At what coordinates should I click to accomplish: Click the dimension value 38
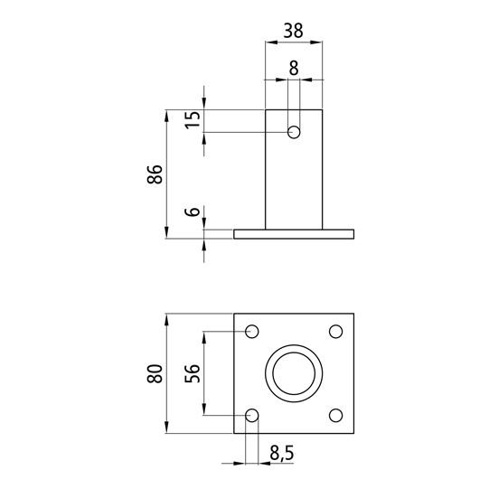pos(293,31)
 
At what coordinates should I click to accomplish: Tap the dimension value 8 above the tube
pos(294,68)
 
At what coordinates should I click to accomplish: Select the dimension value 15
pos(193,119)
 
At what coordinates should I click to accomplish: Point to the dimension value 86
pos(155,174)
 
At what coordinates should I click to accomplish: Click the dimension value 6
pos(193,212)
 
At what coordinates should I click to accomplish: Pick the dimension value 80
pos(155,373)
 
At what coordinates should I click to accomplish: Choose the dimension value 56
pos(193,373)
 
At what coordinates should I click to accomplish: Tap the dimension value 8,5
pos(282,453)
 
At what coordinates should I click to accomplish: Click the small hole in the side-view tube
pos(294,132)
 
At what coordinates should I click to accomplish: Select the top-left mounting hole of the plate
pos(252,331)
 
